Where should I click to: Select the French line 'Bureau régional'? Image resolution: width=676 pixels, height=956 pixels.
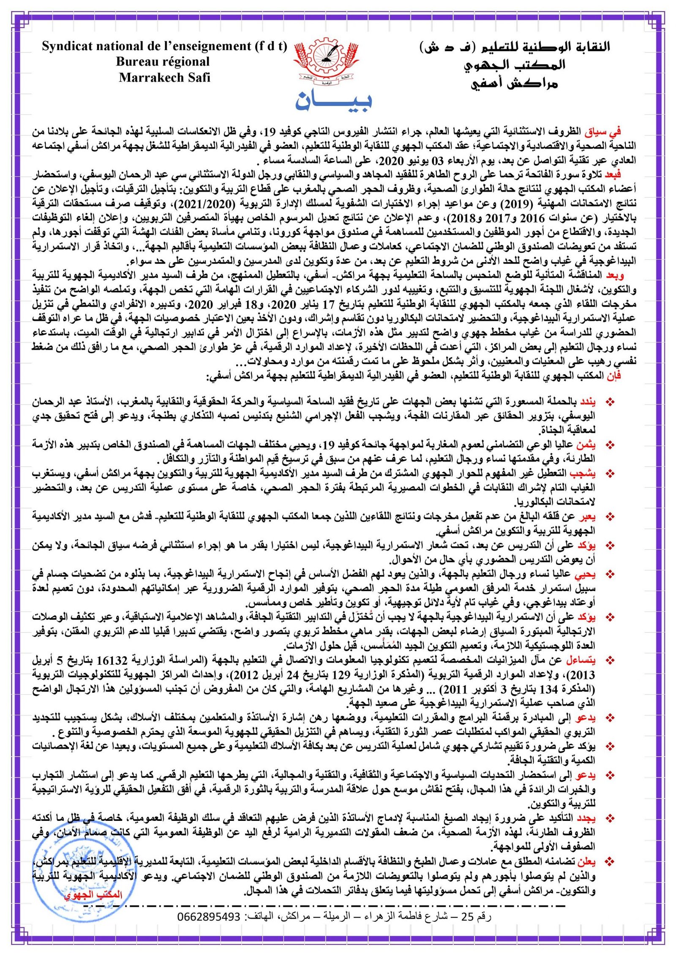pos(163,62)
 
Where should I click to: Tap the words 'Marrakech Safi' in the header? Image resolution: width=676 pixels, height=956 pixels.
pos(164,78)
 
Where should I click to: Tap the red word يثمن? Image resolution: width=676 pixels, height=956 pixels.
pos(587,444)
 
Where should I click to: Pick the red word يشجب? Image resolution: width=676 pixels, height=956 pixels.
pos(586,473)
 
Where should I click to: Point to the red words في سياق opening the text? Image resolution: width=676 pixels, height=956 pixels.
pos(608,132)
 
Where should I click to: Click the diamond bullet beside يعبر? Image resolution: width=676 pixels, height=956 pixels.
pos(610,516)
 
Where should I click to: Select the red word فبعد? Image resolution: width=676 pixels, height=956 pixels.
pos(613,175)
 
